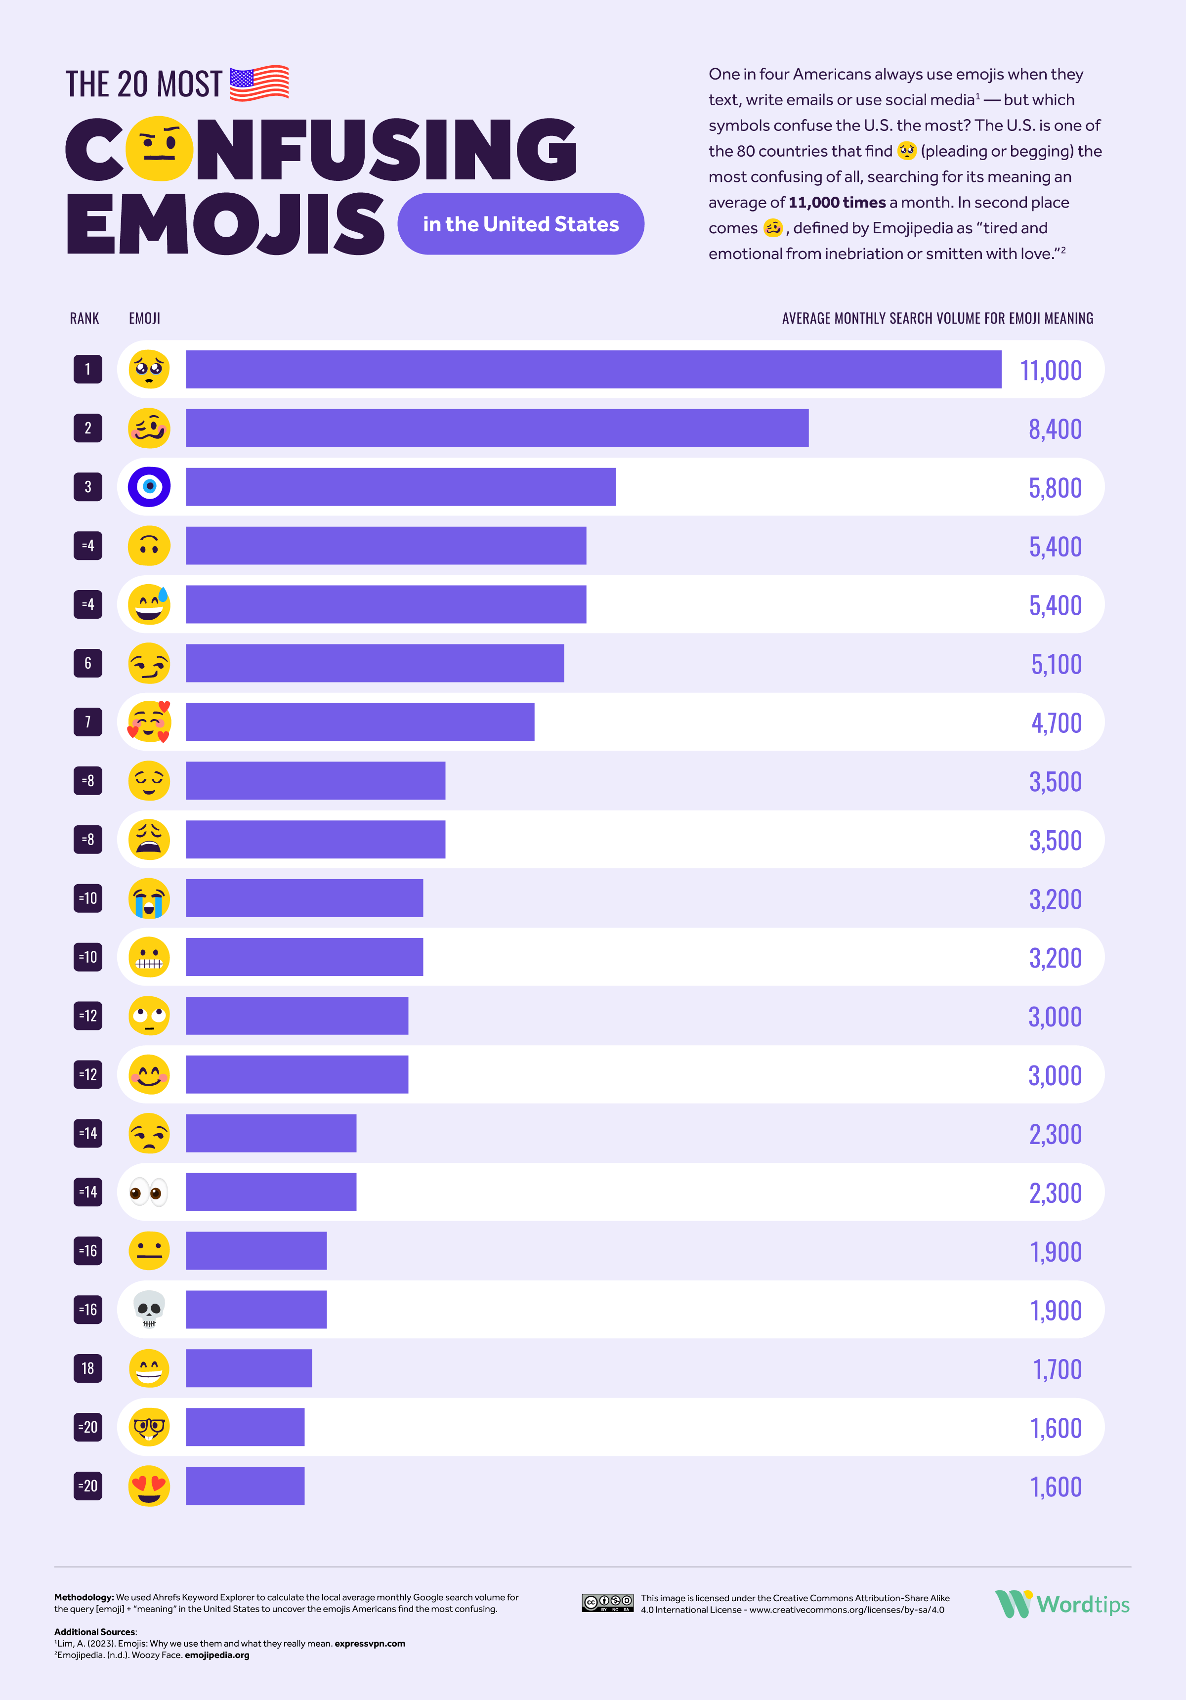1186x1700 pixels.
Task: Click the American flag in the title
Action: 259,83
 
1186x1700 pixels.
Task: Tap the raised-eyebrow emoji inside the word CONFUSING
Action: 159,149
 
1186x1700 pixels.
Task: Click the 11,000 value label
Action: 1051,370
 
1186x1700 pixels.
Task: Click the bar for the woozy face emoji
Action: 497,428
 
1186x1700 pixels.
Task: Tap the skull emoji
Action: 149,1310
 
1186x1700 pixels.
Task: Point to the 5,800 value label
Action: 1055,488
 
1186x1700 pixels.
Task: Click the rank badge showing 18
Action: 88,1368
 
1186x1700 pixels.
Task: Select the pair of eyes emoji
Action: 149,1192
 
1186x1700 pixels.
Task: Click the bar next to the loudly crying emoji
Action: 304,898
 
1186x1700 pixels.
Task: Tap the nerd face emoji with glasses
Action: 149,1427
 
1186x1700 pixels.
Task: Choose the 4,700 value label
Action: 1057,722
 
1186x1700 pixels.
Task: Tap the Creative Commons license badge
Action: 607,1603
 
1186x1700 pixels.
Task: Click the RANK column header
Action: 85,318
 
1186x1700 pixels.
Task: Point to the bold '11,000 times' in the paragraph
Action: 837,202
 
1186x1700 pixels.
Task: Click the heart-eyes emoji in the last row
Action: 149,1486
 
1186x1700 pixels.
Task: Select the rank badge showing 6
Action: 88,663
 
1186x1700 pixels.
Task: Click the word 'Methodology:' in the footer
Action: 84,1597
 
